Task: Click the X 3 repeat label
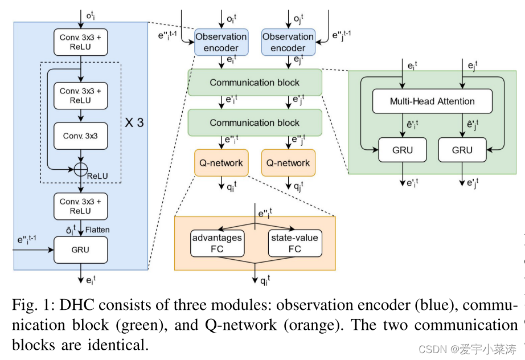click(x=134, y=122)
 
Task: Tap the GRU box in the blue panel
click(x=81, y=249)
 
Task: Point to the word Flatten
click(x=97, y=230)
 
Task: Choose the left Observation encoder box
click(x=221, y=42)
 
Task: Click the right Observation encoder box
click(x=288, y=42)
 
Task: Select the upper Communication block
click(x=255, y=83)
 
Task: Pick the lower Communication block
click(x=255, y=122)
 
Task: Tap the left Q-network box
click(x=221, y=163)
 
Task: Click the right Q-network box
click(x=288, y=163)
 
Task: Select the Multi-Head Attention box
click(x=432, y=101)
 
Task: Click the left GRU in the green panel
click(x=402, y=150)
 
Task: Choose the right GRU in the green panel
click(x=462, y=150)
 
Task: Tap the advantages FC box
click(x=216, y=243)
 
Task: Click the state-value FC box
click(x=294, y=243)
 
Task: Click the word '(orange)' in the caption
click(x=320, y=325)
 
